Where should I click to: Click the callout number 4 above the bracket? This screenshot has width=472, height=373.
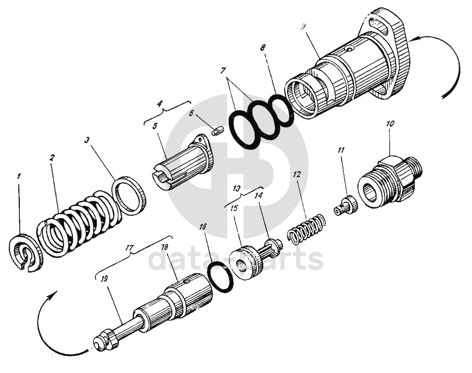[x=159, y=104]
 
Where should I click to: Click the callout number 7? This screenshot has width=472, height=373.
[x=223, y=70]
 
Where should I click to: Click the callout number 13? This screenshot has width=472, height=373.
[x=237, y=189]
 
